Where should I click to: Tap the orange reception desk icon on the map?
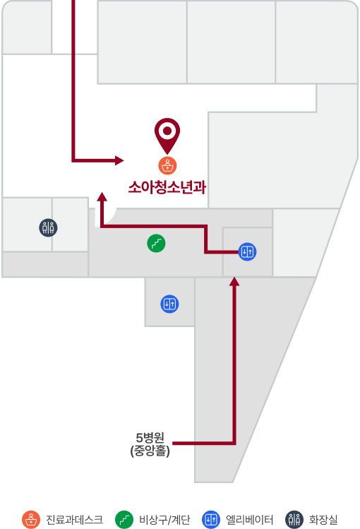tap(167, 166)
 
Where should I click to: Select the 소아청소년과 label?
tap(167, 187)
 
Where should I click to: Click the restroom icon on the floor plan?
tap(48, 227)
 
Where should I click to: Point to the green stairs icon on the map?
tap(156, 243)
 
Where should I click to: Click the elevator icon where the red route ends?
tap(247, 251)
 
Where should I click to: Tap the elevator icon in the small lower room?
tap(169, 304)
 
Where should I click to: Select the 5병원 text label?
tap(150, 438)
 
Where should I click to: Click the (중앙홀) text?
tap(150, 451)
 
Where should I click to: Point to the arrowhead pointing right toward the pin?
tap(119, 160)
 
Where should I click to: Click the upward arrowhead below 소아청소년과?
tap(102, 197)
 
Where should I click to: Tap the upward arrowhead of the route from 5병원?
tap(234, 282)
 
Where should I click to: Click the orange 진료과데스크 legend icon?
tap(31, 520)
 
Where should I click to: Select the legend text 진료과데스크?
tap(74, 520)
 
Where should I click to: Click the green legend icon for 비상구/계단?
tap(124, 520)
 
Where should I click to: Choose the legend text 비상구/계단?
tap(164, 520)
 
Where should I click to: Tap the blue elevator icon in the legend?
tap(210, 520)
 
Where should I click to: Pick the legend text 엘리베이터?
tap(249, 520)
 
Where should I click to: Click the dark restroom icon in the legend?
tap(294, 520)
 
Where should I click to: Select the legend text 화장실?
tap(323, 520)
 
